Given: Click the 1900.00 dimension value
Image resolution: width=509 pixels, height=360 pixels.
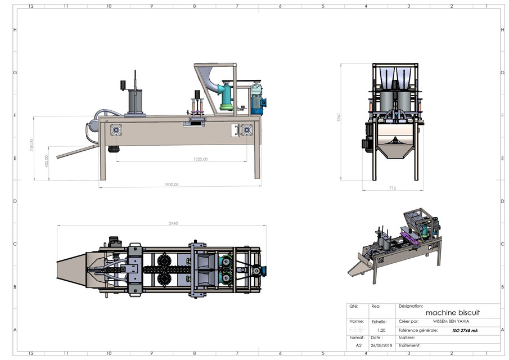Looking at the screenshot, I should [172, 184].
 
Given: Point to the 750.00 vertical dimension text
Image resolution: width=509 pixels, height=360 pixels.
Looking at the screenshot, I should [31, 145].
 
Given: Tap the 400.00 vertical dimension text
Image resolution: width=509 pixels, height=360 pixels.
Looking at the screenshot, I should [47, 160].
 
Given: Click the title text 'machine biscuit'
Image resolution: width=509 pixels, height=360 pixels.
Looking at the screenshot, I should [453, 312].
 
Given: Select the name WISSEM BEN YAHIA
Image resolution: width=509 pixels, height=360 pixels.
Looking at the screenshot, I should [448, 321].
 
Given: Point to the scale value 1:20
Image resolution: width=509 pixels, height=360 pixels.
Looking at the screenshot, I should [381, 331].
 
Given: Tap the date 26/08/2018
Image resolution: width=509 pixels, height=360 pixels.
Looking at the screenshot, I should [381, 345].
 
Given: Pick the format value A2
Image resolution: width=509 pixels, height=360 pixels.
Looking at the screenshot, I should [358, 345].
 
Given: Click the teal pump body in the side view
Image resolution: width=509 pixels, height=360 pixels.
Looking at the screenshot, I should [226, 97].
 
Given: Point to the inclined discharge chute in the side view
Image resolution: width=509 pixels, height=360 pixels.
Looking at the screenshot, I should [76, 152].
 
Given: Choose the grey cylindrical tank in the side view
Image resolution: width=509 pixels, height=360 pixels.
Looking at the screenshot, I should [136, 102].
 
